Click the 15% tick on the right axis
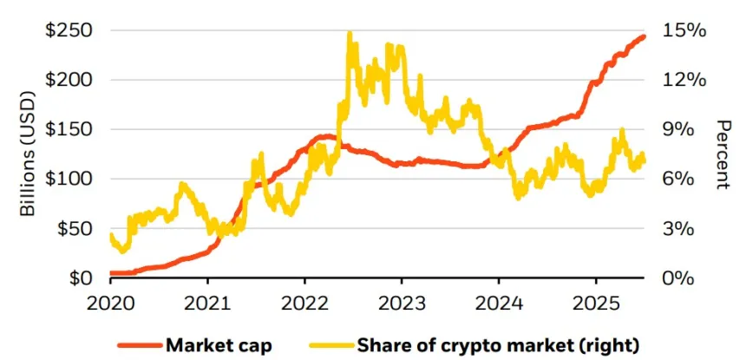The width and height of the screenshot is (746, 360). click(x=684, y=30)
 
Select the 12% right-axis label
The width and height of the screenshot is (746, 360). click(x=684, y=80)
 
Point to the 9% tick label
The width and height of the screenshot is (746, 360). click(x=679, y=129)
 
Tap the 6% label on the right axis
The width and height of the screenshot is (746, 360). click(x=679, y=179)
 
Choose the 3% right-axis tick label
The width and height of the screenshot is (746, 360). click(x=679, y=229)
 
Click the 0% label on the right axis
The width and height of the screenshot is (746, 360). click(x=679, y=278)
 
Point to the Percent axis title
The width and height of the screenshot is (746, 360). click(x=721, y=154)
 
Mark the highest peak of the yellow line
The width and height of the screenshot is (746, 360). click(x=350, y=34)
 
